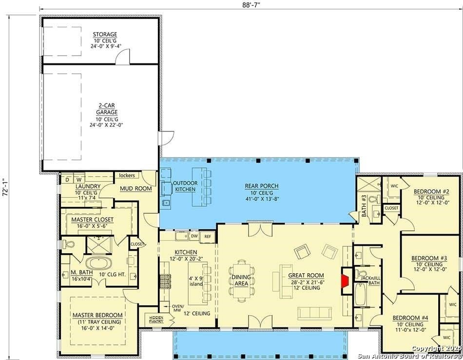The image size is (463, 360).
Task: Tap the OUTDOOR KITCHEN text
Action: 185,186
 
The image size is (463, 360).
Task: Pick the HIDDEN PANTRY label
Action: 156,320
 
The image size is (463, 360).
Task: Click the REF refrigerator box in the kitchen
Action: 208,237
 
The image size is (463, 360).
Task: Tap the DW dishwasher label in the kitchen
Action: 194,237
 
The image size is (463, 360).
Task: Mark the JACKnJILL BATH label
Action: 370,280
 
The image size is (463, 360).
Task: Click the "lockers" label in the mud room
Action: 127,175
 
